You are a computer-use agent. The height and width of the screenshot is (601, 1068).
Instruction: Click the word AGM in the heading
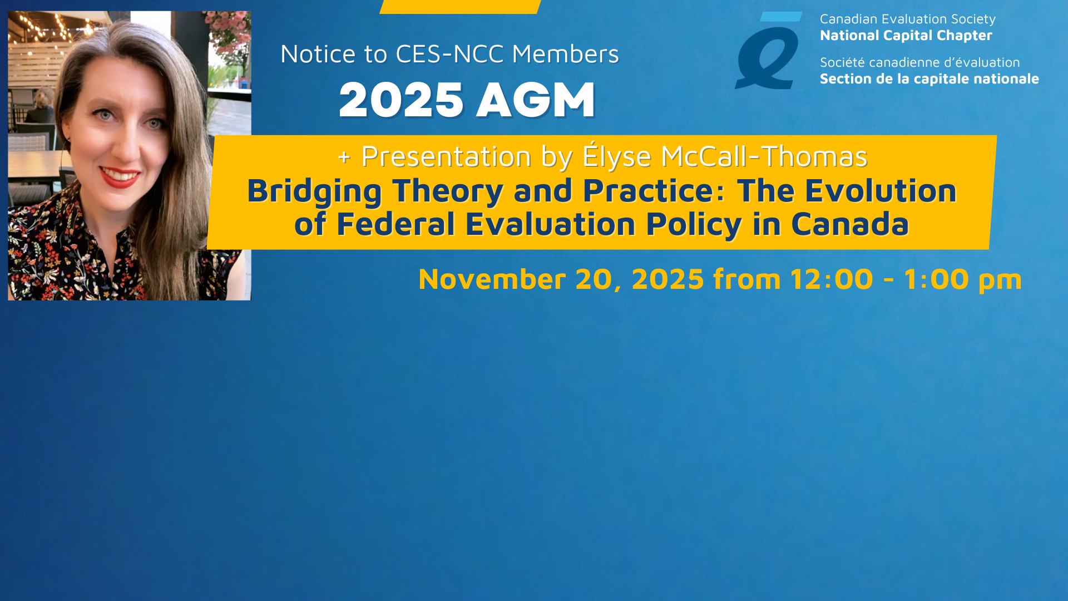point(536,100)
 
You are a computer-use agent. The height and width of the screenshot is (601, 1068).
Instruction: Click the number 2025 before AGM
point(401,100)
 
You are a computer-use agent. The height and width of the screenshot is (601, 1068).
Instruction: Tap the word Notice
point(318,54)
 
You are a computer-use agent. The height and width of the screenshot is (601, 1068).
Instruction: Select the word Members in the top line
point(565,54)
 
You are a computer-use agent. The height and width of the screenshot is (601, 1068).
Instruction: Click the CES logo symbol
point(768,51)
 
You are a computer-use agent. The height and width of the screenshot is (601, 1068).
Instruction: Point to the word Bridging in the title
point(314,192)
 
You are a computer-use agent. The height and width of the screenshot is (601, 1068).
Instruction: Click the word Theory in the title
point(448,192)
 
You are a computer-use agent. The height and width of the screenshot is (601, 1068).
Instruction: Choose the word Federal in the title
point(396,224)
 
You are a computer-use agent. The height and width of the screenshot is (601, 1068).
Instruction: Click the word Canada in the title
point(849,224)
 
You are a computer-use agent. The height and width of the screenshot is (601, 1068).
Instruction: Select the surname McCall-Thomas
point(764,156)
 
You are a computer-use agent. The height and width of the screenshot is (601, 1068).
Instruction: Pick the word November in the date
point(492,279)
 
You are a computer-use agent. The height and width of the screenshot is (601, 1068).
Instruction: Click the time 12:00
point(832,279)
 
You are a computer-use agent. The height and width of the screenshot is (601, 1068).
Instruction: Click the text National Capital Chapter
point(906,36)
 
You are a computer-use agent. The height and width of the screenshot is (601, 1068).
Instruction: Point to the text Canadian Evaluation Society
point(908,19)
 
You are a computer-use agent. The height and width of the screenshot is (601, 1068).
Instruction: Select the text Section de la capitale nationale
point(929,79)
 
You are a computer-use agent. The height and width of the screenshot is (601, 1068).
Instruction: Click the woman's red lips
point(120,177)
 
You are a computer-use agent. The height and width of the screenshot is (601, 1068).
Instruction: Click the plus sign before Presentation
point(344,157)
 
